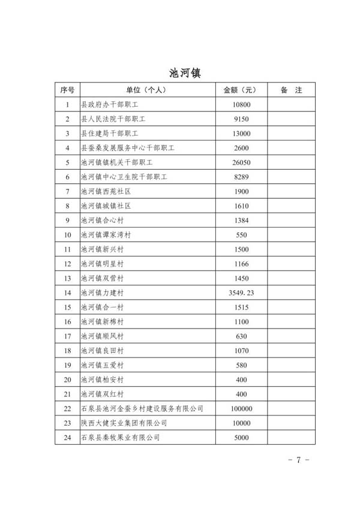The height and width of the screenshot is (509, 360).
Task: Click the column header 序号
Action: [x=67, y=90]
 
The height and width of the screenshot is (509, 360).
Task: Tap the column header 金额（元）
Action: [x=240, y=90]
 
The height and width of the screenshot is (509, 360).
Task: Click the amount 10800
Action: [x=240, y=104]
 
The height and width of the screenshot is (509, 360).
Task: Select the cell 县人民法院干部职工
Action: [x=113, y=119]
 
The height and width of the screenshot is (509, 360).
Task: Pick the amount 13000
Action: [x=240, y=133]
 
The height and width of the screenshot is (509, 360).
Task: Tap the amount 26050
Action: [x=240, y=162]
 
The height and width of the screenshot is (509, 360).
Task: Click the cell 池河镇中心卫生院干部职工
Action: [x=124, y=177]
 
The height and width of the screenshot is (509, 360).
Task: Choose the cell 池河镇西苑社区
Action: [x=106, y=191]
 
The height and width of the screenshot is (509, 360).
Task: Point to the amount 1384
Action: [x=240, y=220]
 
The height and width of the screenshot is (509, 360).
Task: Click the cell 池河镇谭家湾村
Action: [x=106, y=234]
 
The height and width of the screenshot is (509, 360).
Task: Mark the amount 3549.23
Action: [x=240, y=293]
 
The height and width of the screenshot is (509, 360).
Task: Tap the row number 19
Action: [x=67, y=365]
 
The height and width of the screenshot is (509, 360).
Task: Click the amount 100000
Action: [x=240, y=408]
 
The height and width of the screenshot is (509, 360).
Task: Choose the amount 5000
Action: [x=240, y=437]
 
